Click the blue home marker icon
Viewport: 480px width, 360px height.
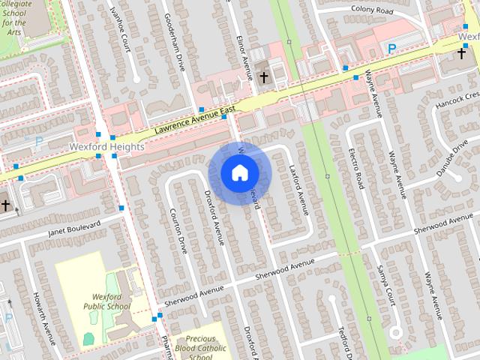pyautogui.click(x=238, y=173)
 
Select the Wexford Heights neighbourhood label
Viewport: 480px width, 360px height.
pyautogui.click(x=106, y=147)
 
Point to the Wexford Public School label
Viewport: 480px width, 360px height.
pyautogui.click(x=107, y=301)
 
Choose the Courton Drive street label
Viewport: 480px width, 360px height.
pyautogui.click(x=178, y=230)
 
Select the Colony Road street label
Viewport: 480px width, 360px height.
pyautogui.click(x=371, y=10)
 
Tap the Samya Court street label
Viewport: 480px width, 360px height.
pyautogui.click(x=385, y=283)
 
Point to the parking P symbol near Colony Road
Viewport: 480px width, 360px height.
pyautogui.click(x=391, y=49)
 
